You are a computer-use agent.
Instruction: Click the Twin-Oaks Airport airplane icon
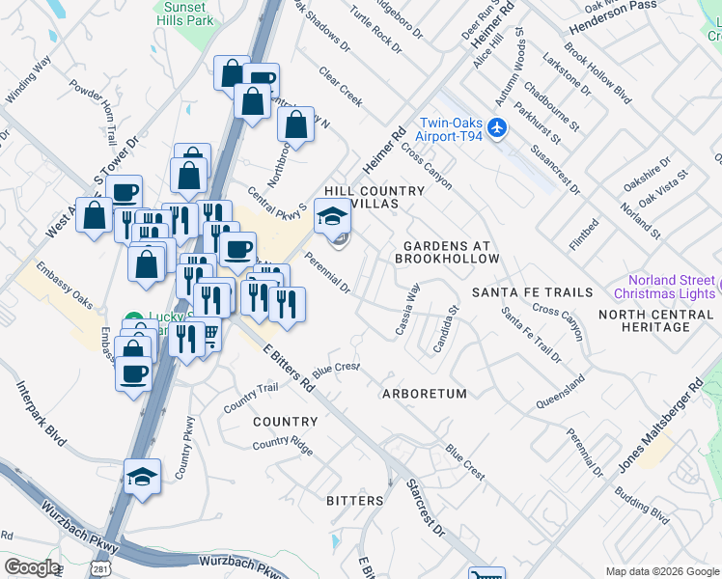(x=497, y=127)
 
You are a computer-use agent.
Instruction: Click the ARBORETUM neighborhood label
(x=424, y=394)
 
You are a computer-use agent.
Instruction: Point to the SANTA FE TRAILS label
(x=532, y=292)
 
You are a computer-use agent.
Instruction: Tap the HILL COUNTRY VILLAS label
(x=375, y=198)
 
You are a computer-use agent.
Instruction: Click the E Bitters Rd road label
(x=288, y=368)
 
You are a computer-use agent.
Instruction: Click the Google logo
(x=32, y=567)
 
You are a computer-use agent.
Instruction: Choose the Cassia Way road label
(x=407, y=310)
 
